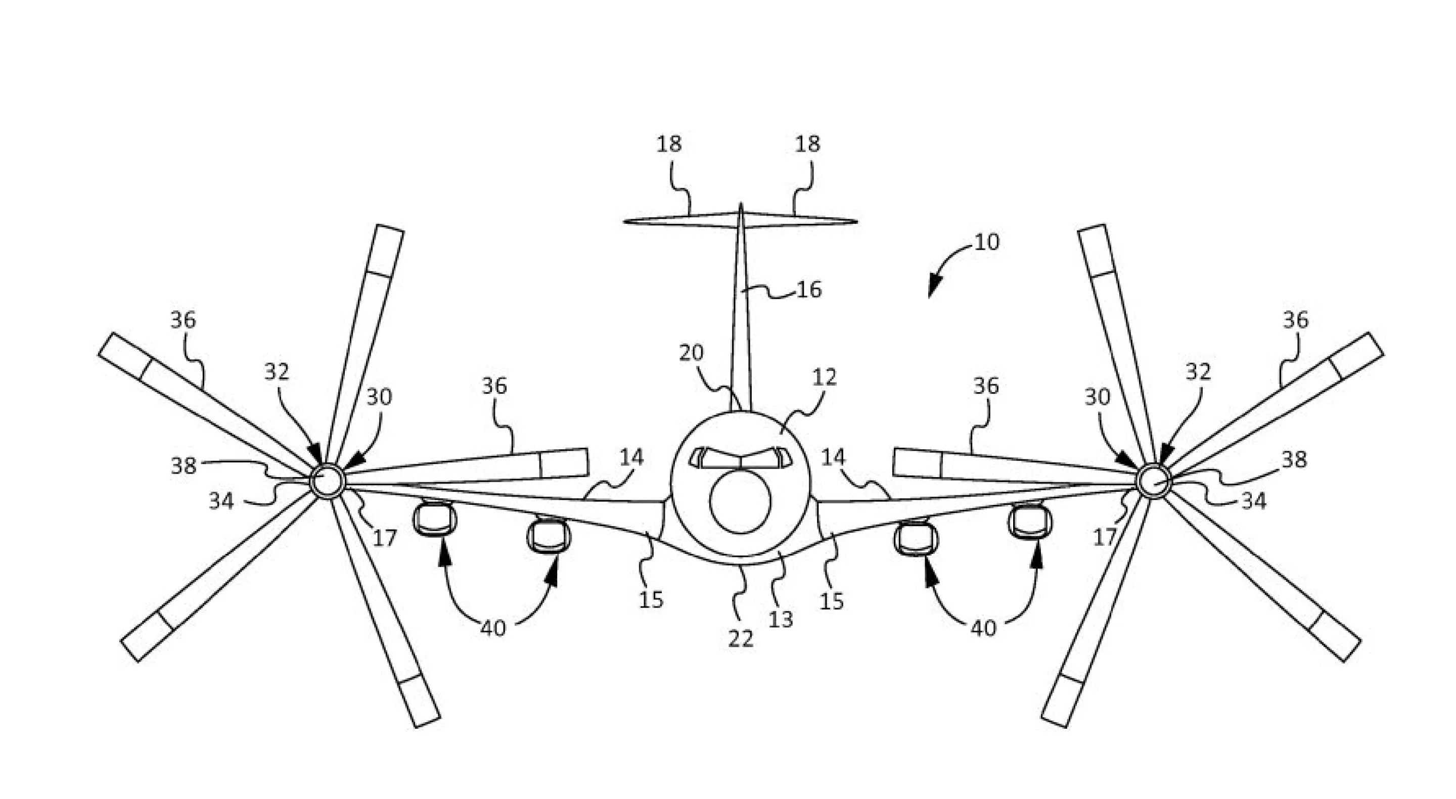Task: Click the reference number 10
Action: point(987,243)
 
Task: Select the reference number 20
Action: point(691,353)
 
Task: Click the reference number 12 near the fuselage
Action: point(824,377)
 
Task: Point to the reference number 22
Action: point(741,638)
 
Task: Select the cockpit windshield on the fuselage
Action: point(741,458)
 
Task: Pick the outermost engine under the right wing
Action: point(1030,520)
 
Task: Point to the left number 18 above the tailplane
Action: point(669,145)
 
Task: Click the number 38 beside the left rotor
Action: point(183,466)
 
